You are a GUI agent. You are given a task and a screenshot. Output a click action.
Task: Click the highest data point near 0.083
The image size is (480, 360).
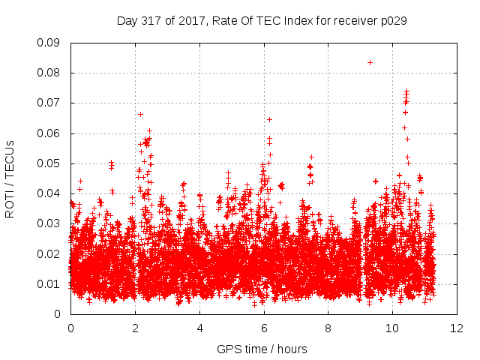pos(370,63)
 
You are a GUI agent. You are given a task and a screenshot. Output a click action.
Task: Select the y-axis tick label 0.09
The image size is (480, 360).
pos(48,43)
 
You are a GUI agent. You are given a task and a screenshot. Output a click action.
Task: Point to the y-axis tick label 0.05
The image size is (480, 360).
pos(48,163)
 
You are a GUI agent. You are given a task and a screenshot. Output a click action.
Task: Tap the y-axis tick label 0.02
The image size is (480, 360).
pos(48,254)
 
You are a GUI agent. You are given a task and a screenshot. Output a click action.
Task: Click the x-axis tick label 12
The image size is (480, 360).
pos(457,328)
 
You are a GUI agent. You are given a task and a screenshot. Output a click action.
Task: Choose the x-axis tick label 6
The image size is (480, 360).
pos(264,328)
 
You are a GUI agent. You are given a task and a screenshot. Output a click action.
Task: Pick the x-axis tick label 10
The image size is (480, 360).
pos(392,328)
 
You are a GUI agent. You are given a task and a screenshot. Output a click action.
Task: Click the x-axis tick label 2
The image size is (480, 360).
pos(135,328)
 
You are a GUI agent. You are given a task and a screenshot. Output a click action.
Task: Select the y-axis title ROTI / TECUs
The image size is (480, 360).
pos(10,179)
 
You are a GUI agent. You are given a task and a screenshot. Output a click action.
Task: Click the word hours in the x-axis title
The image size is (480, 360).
pos(292,349)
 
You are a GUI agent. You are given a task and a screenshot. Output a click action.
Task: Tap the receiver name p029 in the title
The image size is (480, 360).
pos(394,21)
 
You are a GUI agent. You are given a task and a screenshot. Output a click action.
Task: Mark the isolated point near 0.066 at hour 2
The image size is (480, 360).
pos(140,115)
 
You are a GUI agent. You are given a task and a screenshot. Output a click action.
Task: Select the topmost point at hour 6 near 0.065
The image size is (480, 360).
pos(269,120)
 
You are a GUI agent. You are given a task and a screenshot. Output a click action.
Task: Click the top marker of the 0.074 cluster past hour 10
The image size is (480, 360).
pos(406,91)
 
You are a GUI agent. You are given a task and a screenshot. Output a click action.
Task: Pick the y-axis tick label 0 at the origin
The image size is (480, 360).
pos(57,314)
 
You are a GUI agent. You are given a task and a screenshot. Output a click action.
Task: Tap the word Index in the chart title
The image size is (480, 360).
pos(298,21)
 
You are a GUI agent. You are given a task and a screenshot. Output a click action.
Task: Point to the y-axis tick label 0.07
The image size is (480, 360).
pos(48,103)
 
